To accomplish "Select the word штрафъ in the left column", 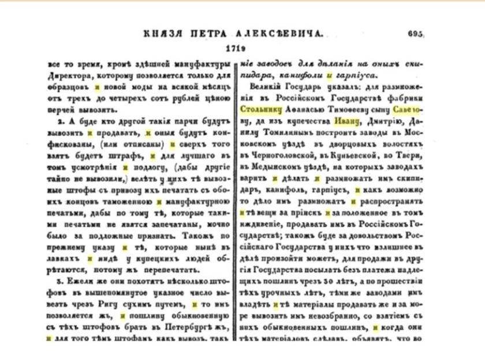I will (129, 155).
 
